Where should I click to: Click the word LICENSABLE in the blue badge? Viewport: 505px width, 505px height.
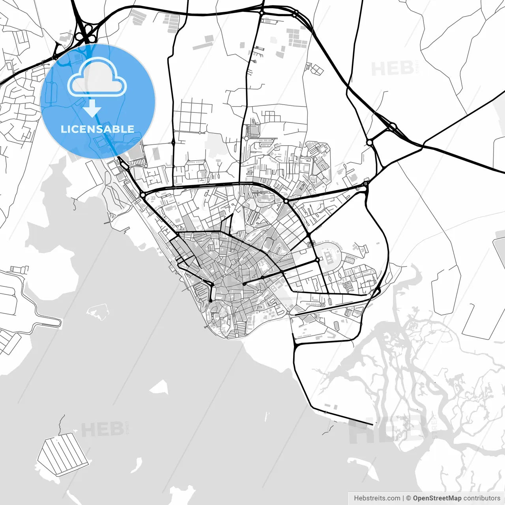[97, 129]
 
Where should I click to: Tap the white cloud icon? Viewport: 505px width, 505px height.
[97, 78]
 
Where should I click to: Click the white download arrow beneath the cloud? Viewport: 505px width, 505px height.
[92, 108]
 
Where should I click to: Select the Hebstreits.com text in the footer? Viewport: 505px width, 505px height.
[377, 498]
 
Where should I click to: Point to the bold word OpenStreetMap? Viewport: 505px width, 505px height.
[437, 498]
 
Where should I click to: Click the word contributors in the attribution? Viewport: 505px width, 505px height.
[482, 498]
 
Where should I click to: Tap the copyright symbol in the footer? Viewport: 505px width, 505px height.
[409, 498]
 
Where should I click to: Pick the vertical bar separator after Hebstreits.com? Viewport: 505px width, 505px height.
[403, 498]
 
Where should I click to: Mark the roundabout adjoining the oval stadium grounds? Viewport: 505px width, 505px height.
[317, 260]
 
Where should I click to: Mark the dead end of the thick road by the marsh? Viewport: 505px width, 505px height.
[372, 425]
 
